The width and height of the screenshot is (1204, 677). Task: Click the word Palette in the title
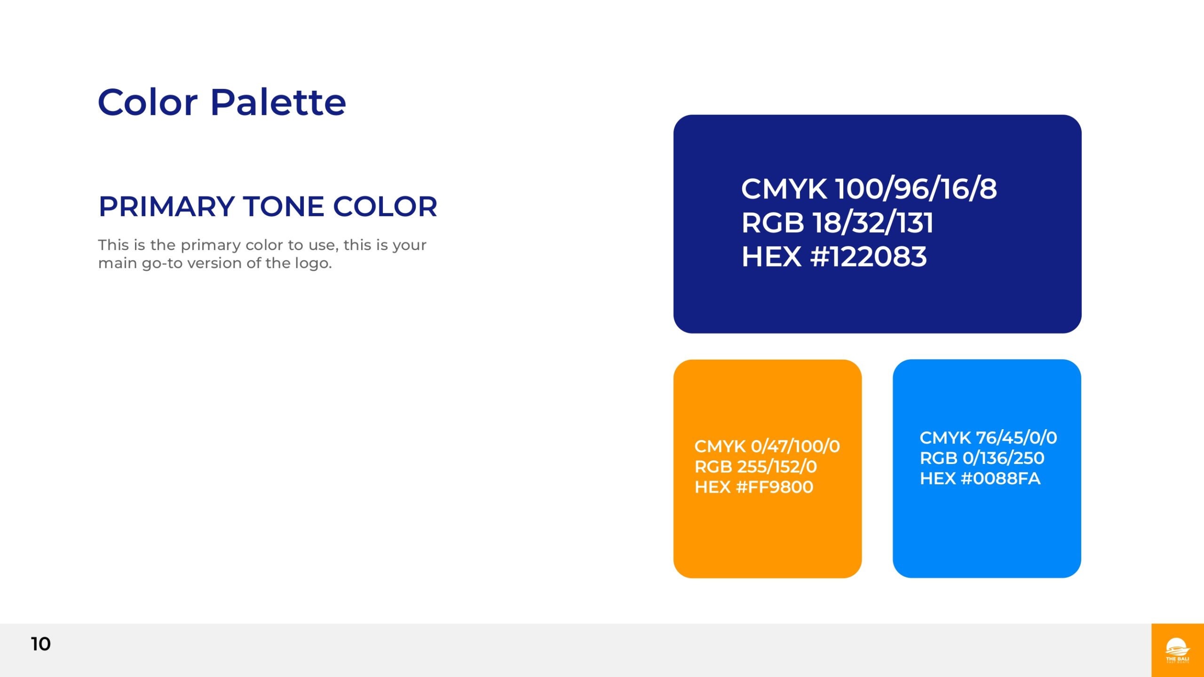[278, 102]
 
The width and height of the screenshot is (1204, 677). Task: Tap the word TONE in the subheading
[284, 206]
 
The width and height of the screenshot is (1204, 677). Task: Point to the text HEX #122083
[834, 257]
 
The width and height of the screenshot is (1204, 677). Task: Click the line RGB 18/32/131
[837, 222]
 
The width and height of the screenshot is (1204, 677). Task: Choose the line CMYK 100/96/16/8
[869, 189]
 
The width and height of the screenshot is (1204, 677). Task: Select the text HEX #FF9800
[754, 487]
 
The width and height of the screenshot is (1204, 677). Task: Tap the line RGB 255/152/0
[756, 466]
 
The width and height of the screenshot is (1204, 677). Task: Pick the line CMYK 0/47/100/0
[767, 446]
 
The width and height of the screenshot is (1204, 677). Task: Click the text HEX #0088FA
[980, 479]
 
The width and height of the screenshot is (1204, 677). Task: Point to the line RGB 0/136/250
[982, 458]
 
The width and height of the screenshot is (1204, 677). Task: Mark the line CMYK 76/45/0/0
[989, 438]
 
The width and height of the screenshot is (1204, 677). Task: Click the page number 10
[41, 644]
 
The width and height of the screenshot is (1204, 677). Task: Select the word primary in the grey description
[211, 245]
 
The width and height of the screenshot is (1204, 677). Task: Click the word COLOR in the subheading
[385, 206]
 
